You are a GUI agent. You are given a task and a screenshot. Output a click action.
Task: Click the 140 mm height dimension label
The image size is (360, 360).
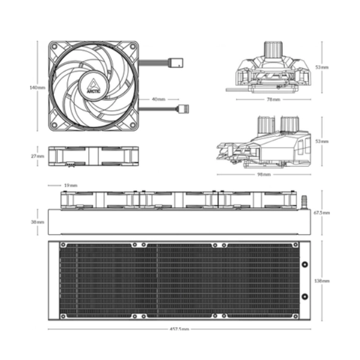37,87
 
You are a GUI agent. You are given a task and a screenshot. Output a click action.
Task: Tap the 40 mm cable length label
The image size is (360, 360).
158,99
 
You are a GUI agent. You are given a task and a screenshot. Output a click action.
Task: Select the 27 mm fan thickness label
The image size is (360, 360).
37,156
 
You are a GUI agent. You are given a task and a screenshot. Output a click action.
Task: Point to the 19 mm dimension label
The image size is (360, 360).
70,186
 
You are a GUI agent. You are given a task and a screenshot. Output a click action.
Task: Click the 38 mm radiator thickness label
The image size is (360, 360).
37,222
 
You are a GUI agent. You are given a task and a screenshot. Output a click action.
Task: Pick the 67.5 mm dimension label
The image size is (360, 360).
322,212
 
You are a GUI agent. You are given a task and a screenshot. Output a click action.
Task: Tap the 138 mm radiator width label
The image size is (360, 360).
322,281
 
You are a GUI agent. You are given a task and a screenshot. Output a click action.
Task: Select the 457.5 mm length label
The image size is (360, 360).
179,329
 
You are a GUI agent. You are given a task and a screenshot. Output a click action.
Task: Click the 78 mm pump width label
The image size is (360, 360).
272,99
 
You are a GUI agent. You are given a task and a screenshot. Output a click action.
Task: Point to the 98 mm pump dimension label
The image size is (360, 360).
263,175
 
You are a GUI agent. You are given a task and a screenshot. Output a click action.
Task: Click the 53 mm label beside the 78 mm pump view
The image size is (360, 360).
322,67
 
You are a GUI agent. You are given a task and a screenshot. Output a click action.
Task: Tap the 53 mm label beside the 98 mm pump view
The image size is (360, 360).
322,141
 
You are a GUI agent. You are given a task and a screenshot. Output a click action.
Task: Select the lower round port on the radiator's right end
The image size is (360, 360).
305,296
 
